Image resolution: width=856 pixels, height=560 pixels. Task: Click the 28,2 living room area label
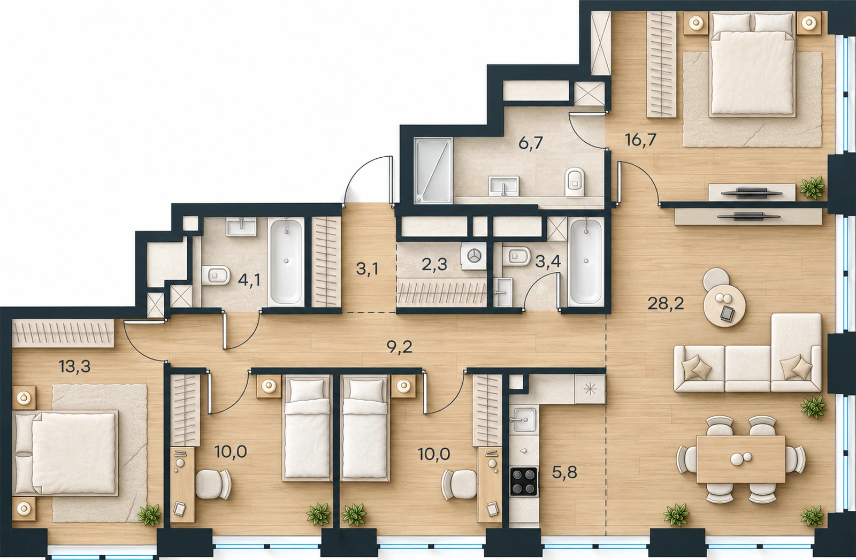666,304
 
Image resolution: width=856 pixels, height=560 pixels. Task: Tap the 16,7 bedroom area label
641,140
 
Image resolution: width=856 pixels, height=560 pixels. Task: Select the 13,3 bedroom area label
75,367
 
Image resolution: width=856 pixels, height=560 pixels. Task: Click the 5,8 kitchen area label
565,472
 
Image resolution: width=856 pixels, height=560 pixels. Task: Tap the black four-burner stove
524,481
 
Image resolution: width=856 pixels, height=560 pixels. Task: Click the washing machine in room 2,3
474,257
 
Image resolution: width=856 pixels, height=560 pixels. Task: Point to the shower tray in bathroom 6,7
433,171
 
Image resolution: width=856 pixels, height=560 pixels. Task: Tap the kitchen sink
524,421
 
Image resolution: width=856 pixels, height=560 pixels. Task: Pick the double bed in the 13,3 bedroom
65,453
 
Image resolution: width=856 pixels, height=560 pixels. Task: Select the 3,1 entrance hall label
367,269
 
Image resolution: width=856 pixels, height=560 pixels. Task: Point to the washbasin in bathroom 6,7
503,186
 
